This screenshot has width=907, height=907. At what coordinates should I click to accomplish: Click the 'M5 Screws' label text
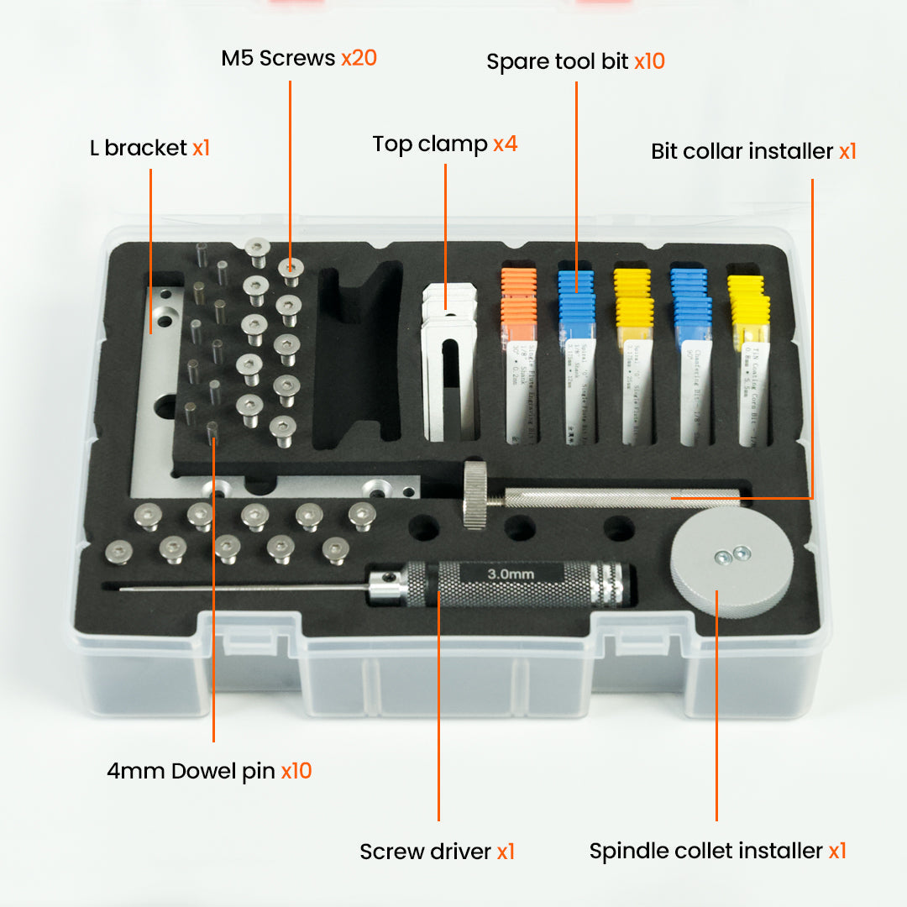coord(278,59)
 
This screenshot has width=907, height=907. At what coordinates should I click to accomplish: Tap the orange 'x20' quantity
coord(359,59)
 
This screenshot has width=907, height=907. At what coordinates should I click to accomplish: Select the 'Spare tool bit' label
coord(558,62)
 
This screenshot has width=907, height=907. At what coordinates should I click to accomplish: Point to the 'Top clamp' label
coord(430,144)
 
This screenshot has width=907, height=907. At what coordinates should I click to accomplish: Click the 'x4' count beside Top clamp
coord(506,144)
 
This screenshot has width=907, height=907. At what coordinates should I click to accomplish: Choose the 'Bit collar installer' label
coord(742,152)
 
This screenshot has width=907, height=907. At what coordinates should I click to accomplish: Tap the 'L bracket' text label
coord(139,148)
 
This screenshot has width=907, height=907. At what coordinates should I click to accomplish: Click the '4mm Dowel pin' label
coord(191,771)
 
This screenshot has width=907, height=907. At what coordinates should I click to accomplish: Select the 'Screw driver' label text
coord(425,852)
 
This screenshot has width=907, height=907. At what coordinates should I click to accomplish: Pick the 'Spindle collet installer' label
coord(705,851)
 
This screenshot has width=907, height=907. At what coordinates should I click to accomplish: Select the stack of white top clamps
coord(448,361)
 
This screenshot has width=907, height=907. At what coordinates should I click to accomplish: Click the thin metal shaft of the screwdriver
coord(244,588)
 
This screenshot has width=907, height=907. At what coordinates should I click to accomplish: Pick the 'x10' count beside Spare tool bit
coord(649,62)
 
